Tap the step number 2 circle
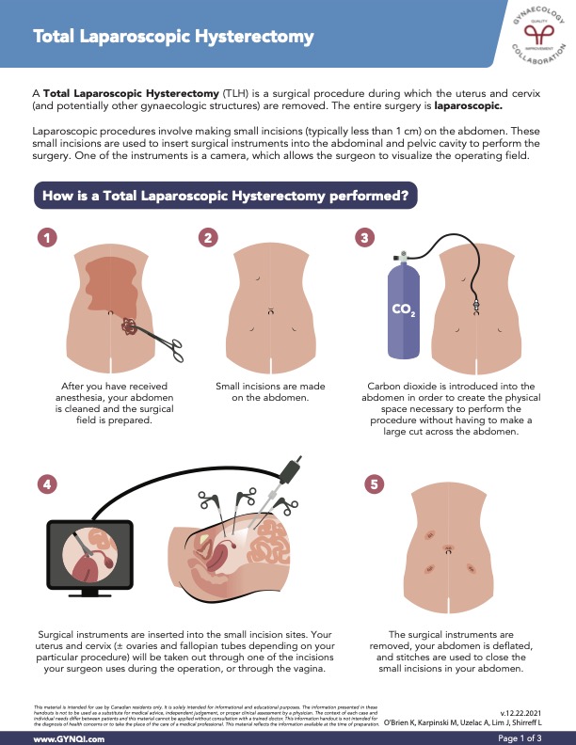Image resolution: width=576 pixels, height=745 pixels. (208, 237)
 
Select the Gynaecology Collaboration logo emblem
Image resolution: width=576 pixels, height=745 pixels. (538, 35)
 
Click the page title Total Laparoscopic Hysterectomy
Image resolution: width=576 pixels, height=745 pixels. (173, 37)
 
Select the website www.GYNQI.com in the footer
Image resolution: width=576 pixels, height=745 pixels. (70, 738)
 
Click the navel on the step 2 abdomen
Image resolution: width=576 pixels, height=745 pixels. (271, 310)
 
